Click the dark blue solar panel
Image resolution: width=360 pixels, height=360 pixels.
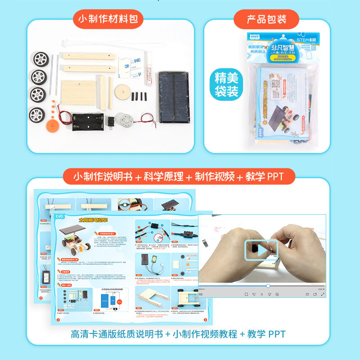pos(174,97)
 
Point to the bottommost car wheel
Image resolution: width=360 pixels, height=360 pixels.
pos(37,115)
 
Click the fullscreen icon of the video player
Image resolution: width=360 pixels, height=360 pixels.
pos(323,294)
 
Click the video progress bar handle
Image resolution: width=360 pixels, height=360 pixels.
pos(268,286)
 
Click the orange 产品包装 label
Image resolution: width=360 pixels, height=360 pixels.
pos(267,19)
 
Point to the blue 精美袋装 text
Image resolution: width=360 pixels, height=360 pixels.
pos(226,84)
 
